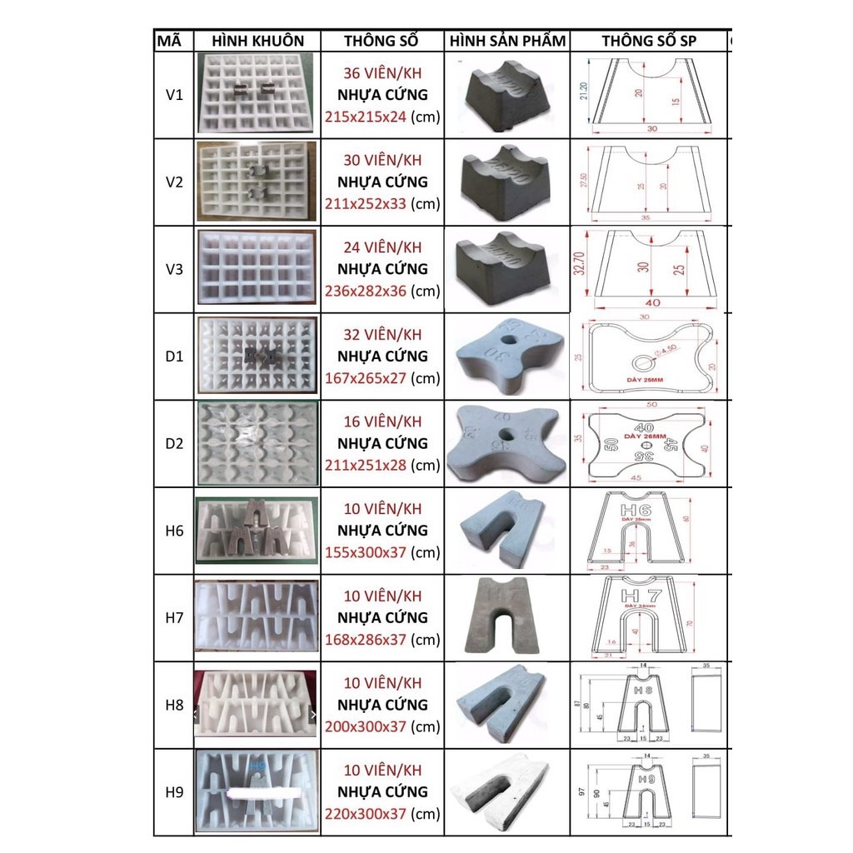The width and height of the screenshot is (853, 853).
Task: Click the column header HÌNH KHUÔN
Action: (257, 41)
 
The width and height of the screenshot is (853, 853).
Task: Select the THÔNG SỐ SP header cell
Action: (649, 41)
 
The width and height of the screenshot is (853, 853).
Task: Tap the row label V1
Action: (174, 95)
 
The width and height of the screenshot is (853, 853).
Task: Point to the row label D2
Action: (174, 443)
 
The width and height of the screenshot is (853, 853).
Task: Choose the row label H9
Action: (174, 792)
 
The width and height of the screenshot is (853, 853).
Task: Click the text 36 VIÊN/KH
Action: (382, 72)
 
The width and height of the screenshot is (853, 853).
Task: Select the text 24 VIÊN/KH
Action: (382, 247)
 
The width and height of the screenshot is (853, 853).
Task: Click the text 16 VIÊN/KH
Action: (382, 422)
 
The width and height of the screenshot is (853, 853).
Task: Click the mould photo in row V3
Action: (257, 269)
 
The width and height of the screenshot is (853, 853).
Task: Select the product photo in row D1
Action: (507, 356)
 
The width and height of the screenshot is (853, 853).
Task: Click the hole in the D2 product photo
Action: (507, 434)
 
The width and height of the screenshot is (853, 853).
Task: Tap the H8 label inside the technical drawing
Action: (643, 691)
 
